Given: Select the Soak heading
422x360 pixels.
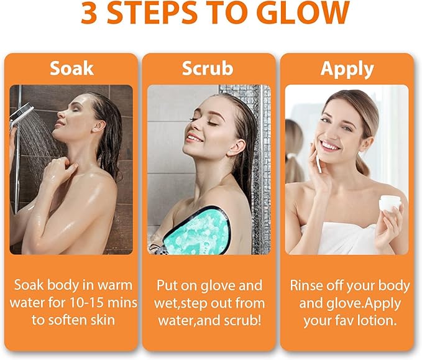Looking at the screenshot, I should pos(71,68).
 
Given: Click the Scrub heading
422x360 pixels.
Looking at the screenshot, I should pos(208,68).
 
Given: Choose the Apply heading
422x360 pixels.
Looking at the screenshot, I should pos(347,68).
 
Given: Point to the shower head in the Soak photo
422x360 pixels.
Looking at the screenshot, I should pos(21,114).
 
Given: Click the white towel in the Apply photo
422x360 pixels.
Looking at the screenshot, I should pos(339,239).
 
